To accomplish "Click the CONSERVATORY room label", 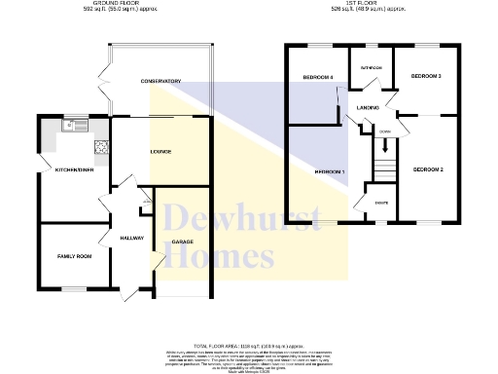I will click(160, 81).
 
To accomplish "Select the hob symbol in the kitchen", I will click(99, 147).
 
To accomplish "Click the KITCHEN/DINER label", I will click(74, 168).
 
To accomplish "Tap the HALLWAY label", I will click(131, 238).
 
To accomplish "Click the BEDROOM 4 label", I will click(317, 78).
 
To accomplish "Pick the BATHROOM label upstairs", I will click(372, 68).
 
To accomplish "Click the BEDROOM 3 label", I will click(426, 76).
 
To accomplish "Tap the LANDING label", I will click(368, 106).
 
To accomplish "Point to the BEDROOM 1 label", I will click(330, 172).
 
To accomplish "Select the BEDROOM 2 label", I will click(428, 170).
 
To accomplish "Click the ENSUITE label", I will click(383, 203).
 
